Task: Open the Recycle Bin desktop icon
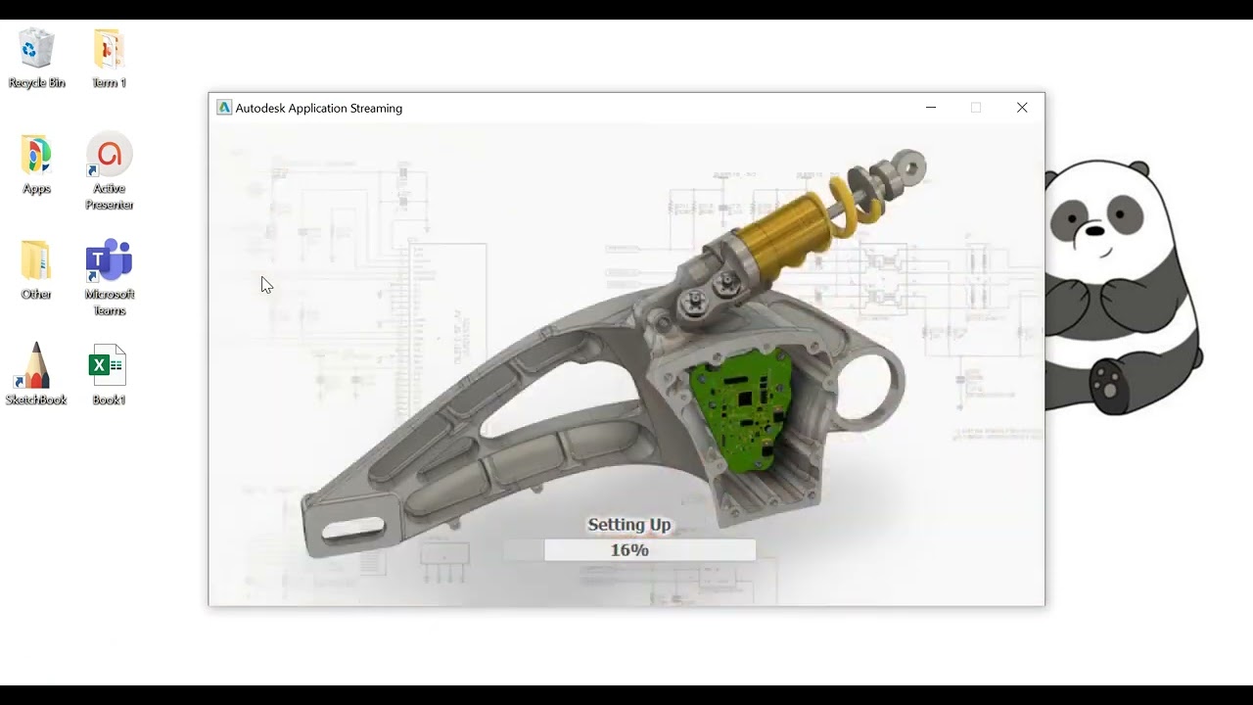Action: (x=36, y=49)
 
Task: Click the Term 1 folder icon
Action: (x=109, y=49)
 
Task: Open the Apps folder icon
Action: (x=36, y=155)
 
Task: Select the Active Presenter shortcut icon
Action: (x=109, y=155)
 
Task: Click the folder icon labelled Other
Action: (x=36, y=260)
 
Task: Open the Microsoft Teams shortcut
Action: (x=109, y=260)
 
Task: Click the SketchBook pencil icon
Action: (x=36, y=366)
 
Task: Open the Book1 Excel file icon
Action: (x=109, y=366)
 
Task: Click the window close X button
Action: (x=1022, y=108)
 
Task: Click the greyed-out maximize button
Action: (x=976, y=108)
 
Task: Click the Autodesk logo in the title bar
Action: (x=224, y=108)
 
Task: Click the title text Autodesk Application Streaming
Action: (x=319, y=109)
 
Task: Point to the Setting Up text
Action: (x=628, y=525)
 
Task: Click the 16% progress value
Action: (x=629, y=550)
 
